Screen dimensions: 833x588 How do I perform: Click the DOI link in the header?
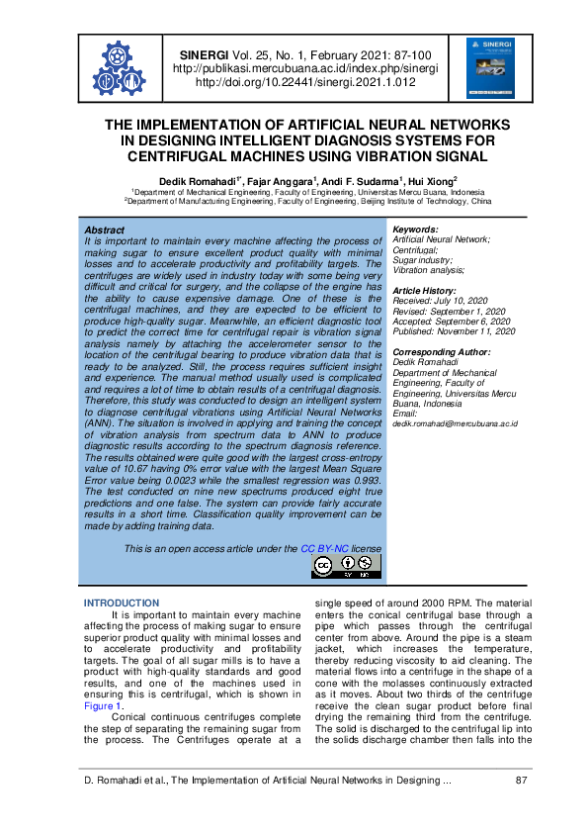point(305,83)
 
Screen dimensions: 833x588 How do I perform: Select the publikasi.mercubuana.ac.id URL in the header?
point(305,69)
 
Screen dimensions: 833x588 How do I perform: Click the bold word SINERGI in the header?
point(204,55)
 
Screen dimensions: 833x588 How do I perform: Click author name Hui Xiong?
point(433,181)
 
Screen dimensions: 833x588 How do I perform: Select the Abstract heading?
point(105,230)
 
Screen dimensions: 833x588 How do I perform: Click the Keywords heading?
point(416,230)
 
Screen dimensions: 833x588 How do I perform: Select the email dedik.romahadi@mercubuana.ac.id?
point(455,422)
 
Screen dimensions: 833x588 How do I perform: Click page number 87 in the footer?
point(523,782)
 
